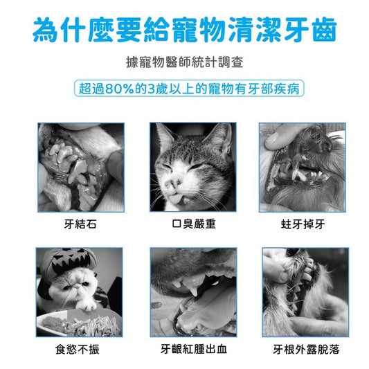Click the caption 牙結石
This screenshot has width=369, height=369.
pos(80,224)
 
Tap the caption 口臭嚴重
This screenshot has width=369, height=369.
pos(194,224)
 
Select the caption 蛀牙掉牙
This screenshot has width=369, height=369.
pos(303,224)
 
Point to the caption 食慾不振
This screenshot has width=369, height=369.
pos(78,349)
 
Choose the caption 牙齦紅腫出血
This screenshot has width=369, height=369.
pos(194,349)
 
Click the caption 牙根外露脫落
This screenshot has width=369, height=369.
pos(306,349)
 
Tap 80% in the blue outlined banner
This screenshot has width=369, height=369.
pos(120,89)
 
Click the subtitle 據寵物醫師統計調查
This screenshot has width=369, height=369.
pos(184,62)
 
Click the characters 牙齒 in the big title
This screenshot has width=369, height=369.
pos(310,30)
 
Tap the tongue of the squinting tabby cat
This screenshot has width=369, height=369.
pos(174,200)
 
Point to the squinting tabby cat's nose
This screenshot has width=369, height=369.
pos(174,183)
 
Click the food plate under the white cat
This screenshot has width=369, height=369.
pos(79,323)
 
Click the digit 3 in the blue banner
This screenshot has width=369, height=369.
pos(151,89)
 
